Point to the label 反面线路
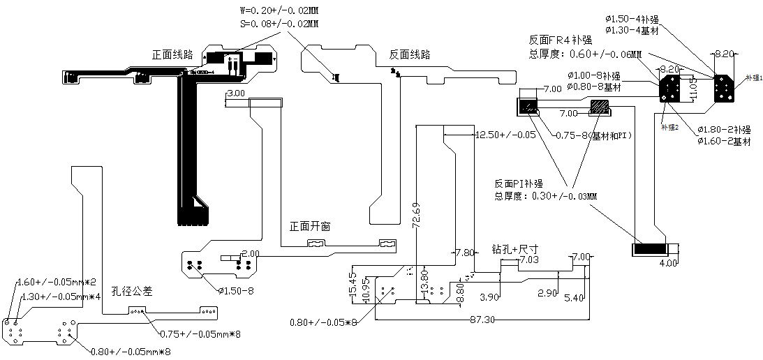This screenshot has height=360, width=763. [409, 54]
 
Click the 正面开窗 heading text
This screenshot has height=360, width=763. [310, 227]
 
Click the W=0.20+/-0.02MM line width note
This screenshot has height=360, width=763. [279, 11]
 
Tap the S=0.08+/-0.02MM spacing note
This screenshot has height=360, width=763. [279, 24]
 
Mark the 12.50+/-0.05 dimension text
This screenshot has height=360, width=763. [505, 134]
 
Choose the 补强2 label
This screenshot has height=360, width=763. [670, 127]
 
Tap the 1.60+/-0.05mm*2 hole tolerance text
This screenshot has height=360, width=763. [56, 282]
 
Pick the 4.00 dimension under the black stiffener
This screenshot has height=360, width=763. [668, 263]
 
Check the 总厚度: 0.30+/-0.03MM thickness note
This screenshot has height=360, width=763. [545, 196]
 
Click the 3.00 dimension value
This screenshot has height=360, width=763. [236, 93]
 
